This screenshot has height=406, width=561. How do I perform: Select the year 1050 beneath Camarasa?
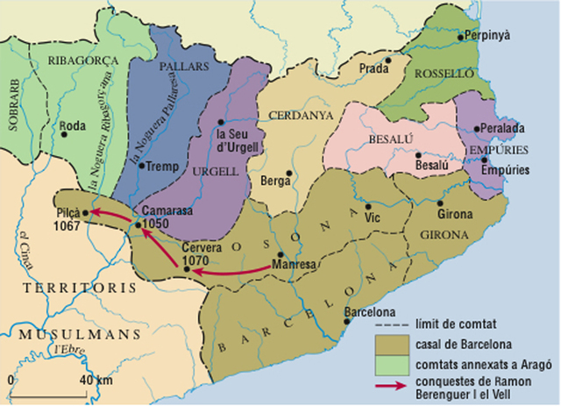(153, 224)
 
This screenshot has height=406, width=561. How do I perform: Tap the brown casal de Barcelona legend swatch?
(394, 343)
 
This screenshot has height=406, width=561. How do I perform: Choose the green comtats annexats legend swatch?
(394, 363)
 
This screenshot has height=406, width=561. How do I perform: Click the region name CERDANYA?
(295, 115)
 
